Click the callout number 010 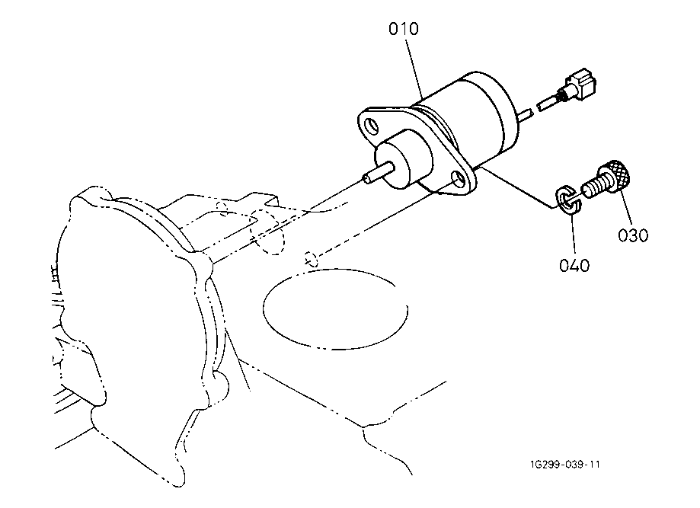point(404,29)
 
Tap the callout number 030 point(633,235)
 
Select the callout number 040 point(574,266)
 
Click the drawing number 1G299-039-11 point(565,465)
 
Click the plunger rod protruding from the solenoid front point(378,173)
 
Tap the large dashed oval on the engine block point(335,308)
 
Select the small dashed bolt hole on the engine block point(312,259)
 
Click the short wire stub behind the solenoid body point(526,114)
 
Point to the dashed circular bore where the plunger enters point(267,232)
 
